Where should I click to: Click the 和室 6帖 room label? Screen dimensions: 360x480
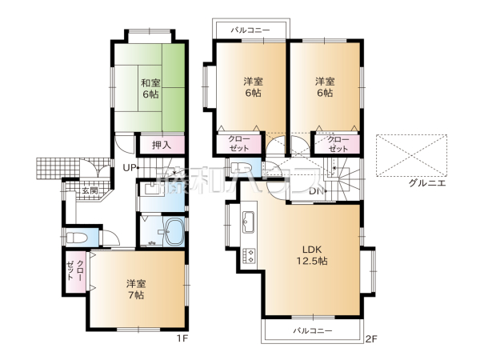click(x=150, y=88)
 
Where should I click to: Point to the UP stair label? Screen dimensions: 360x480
click(x=129, y=166)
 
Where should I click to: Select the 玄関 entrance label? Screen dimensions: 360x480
click(x=89, y=191)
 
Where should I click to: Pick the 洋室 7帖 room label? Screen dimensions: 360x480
click(x=134, y=290)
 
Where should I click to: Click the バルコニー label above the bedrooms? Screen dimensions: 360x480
click(x=250, y=30)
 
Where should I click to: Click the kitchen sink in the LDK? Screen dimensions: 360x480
click(x=247, y=221)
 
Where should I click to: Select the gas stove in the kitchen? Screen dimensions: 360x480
click(x=248, y=255)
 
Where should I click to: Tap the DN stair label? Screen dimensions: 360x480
click(x=317, y=191)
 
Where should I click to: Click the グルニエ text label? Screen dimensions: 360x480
click(x=427, y=182)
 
